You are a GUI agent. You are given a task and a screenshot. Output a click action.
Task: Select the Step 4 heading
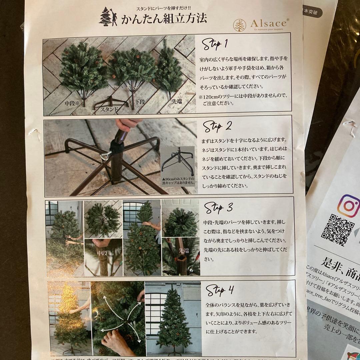coord(220,290)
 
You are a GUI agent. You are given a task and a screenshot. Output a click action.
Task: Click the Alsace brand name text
coord(268,23)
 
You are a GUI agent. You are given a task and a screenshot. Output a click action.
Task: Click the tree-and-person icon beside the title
coord(108,17)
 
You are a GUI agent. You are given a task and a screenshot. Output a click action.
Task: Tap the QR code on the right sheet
coord(337,230)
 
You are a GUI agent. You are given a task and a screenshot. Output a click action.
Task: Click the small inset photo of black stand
coord(177,166)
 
